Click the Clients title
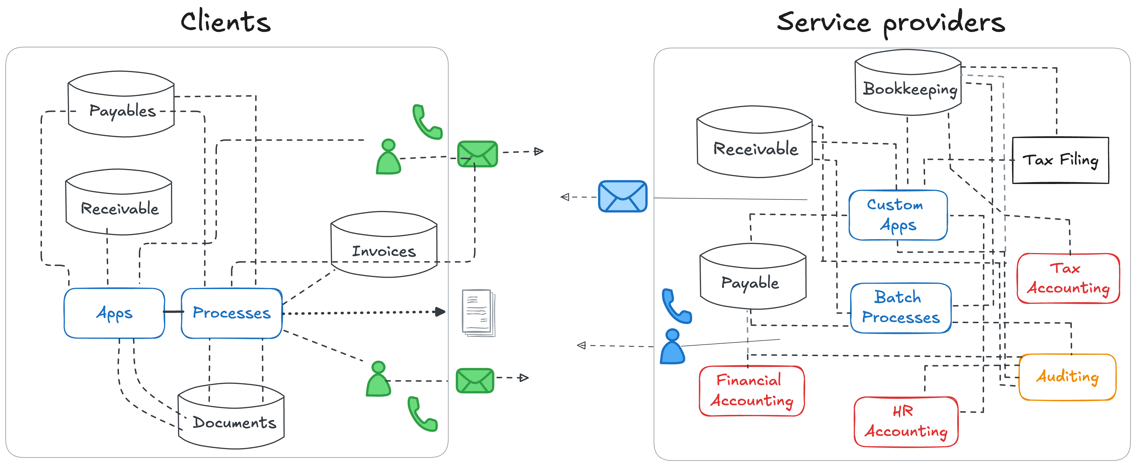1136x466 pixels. (x=225, y=22)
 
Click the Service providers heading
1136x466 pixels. (x=891, y=23)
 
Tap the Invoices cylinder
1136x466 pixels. (x=384, y=246)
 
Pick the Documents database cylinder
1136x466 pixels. (x=231, y=417)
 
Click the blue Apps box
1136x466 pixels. (x=114, y=313)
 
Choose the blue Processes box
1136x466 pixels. (x=231, y=313)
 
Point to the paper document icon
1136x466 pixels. (x=478, y=313)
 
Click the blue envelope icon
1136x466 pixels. (x=622, y=196)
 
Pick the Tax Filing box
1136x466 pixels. (x=1060, y=160)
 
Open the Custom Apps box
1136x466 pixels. (x=898, y=215)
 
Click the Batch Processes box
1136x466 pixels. (x=901, y=308)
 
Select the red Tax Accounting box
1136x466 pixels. (x=1068, y=278)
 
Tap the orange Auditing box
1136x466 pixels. (x=1067, y=377)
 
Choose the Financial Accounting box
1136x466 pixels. (x=752, y=391)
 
